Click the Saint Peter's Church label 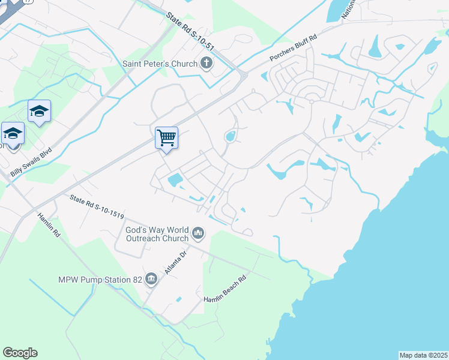point(160,64)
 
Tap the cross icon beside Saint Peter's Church point(206,64)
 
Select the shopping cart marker point(166,137)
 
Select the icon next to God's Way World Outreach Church point(199,232)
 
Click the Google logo point(20,353)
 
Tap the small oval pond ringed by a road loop point(230,137)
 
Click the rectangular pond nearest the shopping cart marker point(175,179)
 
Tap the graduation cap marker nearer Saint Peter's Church point(39,111)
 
